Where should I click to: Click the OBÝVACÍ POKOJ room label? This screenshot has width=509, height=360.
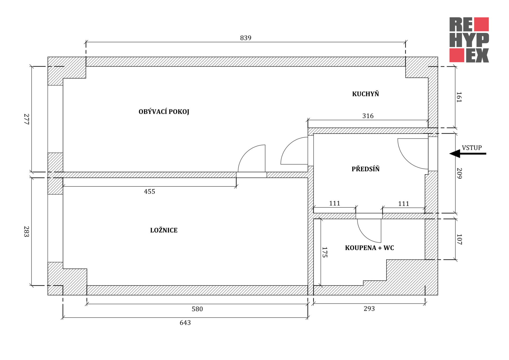164,112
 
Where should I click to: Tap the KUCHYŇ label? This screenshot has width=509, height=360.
365,94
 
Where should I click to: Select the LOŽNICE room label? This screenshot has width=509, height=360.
164,230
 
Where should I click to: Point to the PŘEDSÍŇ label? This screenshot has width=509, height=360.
366,169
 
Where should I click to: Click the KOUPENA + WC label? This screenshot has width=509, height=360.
369,248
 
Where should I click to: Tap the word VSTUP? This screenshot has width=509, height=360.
472,148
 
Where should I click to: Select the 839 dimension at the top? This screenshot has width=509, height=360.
245,38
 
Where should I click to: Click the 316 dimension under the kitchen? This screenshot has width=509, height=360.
368,116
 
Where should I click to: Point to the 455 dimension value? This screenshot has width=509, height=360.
150,192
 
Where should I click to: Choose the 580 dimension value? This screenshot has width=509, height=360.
197,309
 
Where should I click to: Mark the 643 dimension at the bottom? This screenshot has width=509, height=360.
185,323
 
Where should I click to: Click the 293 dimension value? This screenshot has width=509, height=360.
369,309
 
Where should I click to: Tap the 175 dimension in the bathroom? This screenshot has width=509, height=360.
324,252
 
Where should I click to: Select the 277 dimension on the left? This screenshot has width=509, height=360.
27,119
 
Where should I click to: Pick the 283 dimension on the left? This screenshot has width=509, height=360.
27,231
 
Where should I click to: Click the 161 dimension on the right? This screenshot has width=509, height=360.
459,97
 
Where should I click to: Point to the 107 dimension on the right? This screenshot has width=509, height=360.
459,239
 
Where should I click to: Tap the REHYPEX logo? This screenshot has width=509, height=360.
469,40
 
